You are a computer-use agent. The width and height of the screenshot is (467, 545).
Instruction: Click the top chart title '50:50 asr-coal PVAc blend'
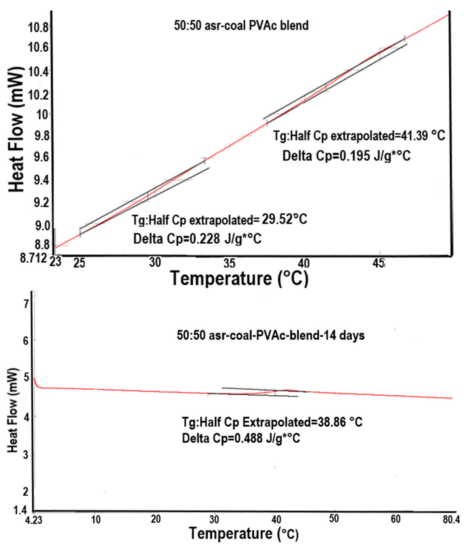pyautogui.click(x=241, y=26)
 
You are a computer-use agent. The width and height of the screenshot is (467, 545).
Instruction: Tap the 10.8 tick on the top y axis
pyautogui.click(x=38, y=27)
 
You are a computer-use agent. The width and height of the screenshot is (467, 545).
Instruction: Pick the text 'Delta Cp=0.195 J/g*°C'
pyautogui.click(x=346, y=156)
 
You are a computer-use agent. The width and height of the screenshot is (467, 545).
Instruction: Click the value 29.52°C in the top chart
pyautogui.click(x=285, y=219)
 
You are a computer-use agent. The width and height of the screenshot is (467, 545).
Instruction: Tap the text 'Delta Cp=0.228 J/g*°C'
pyautogui.click(x=197, y=239)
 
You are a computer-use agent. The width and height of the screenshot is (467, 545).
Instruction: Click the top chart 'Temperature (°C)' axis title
pyautogui.click(x=239, y=278)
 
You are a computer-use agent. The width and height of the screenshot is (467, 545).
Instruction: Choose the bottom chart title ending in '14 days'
pyautogui.click(x=271, y=336)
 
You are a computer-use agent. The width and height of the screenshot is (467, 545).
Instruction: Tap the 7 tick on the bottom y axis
pyautogui.click(x=26, y=304)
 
